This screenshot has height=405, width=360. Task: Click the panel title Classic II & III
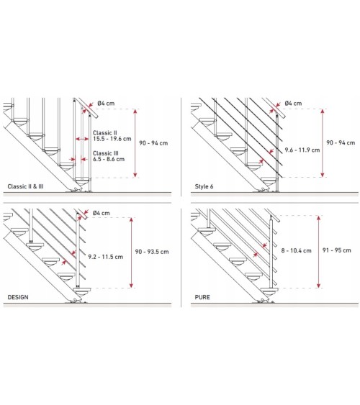tap(25, 186)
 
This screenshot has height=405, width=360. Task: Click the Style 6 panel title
tap(204, 186)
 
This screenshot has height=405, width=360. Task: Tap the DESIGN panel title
tap(18, 297)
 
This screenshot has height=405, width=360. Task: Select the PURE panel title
tap(202, 297)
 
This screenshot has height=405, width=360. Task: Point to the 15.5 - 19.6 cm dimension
tap(112, 139)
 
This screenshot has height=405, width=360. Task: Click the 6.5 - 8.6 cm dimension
tap(109, 159)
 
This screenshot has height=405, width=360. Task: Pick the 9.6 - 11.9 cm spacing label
tap(302, 150)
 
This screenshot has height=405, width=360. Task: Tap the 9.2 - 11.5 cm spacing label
tap(105, 257)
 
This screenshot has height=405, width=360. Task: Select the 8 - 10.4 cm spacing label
tap(296, 250)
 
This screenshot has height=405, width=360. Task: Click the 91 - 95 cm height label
tap(337, 250)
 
